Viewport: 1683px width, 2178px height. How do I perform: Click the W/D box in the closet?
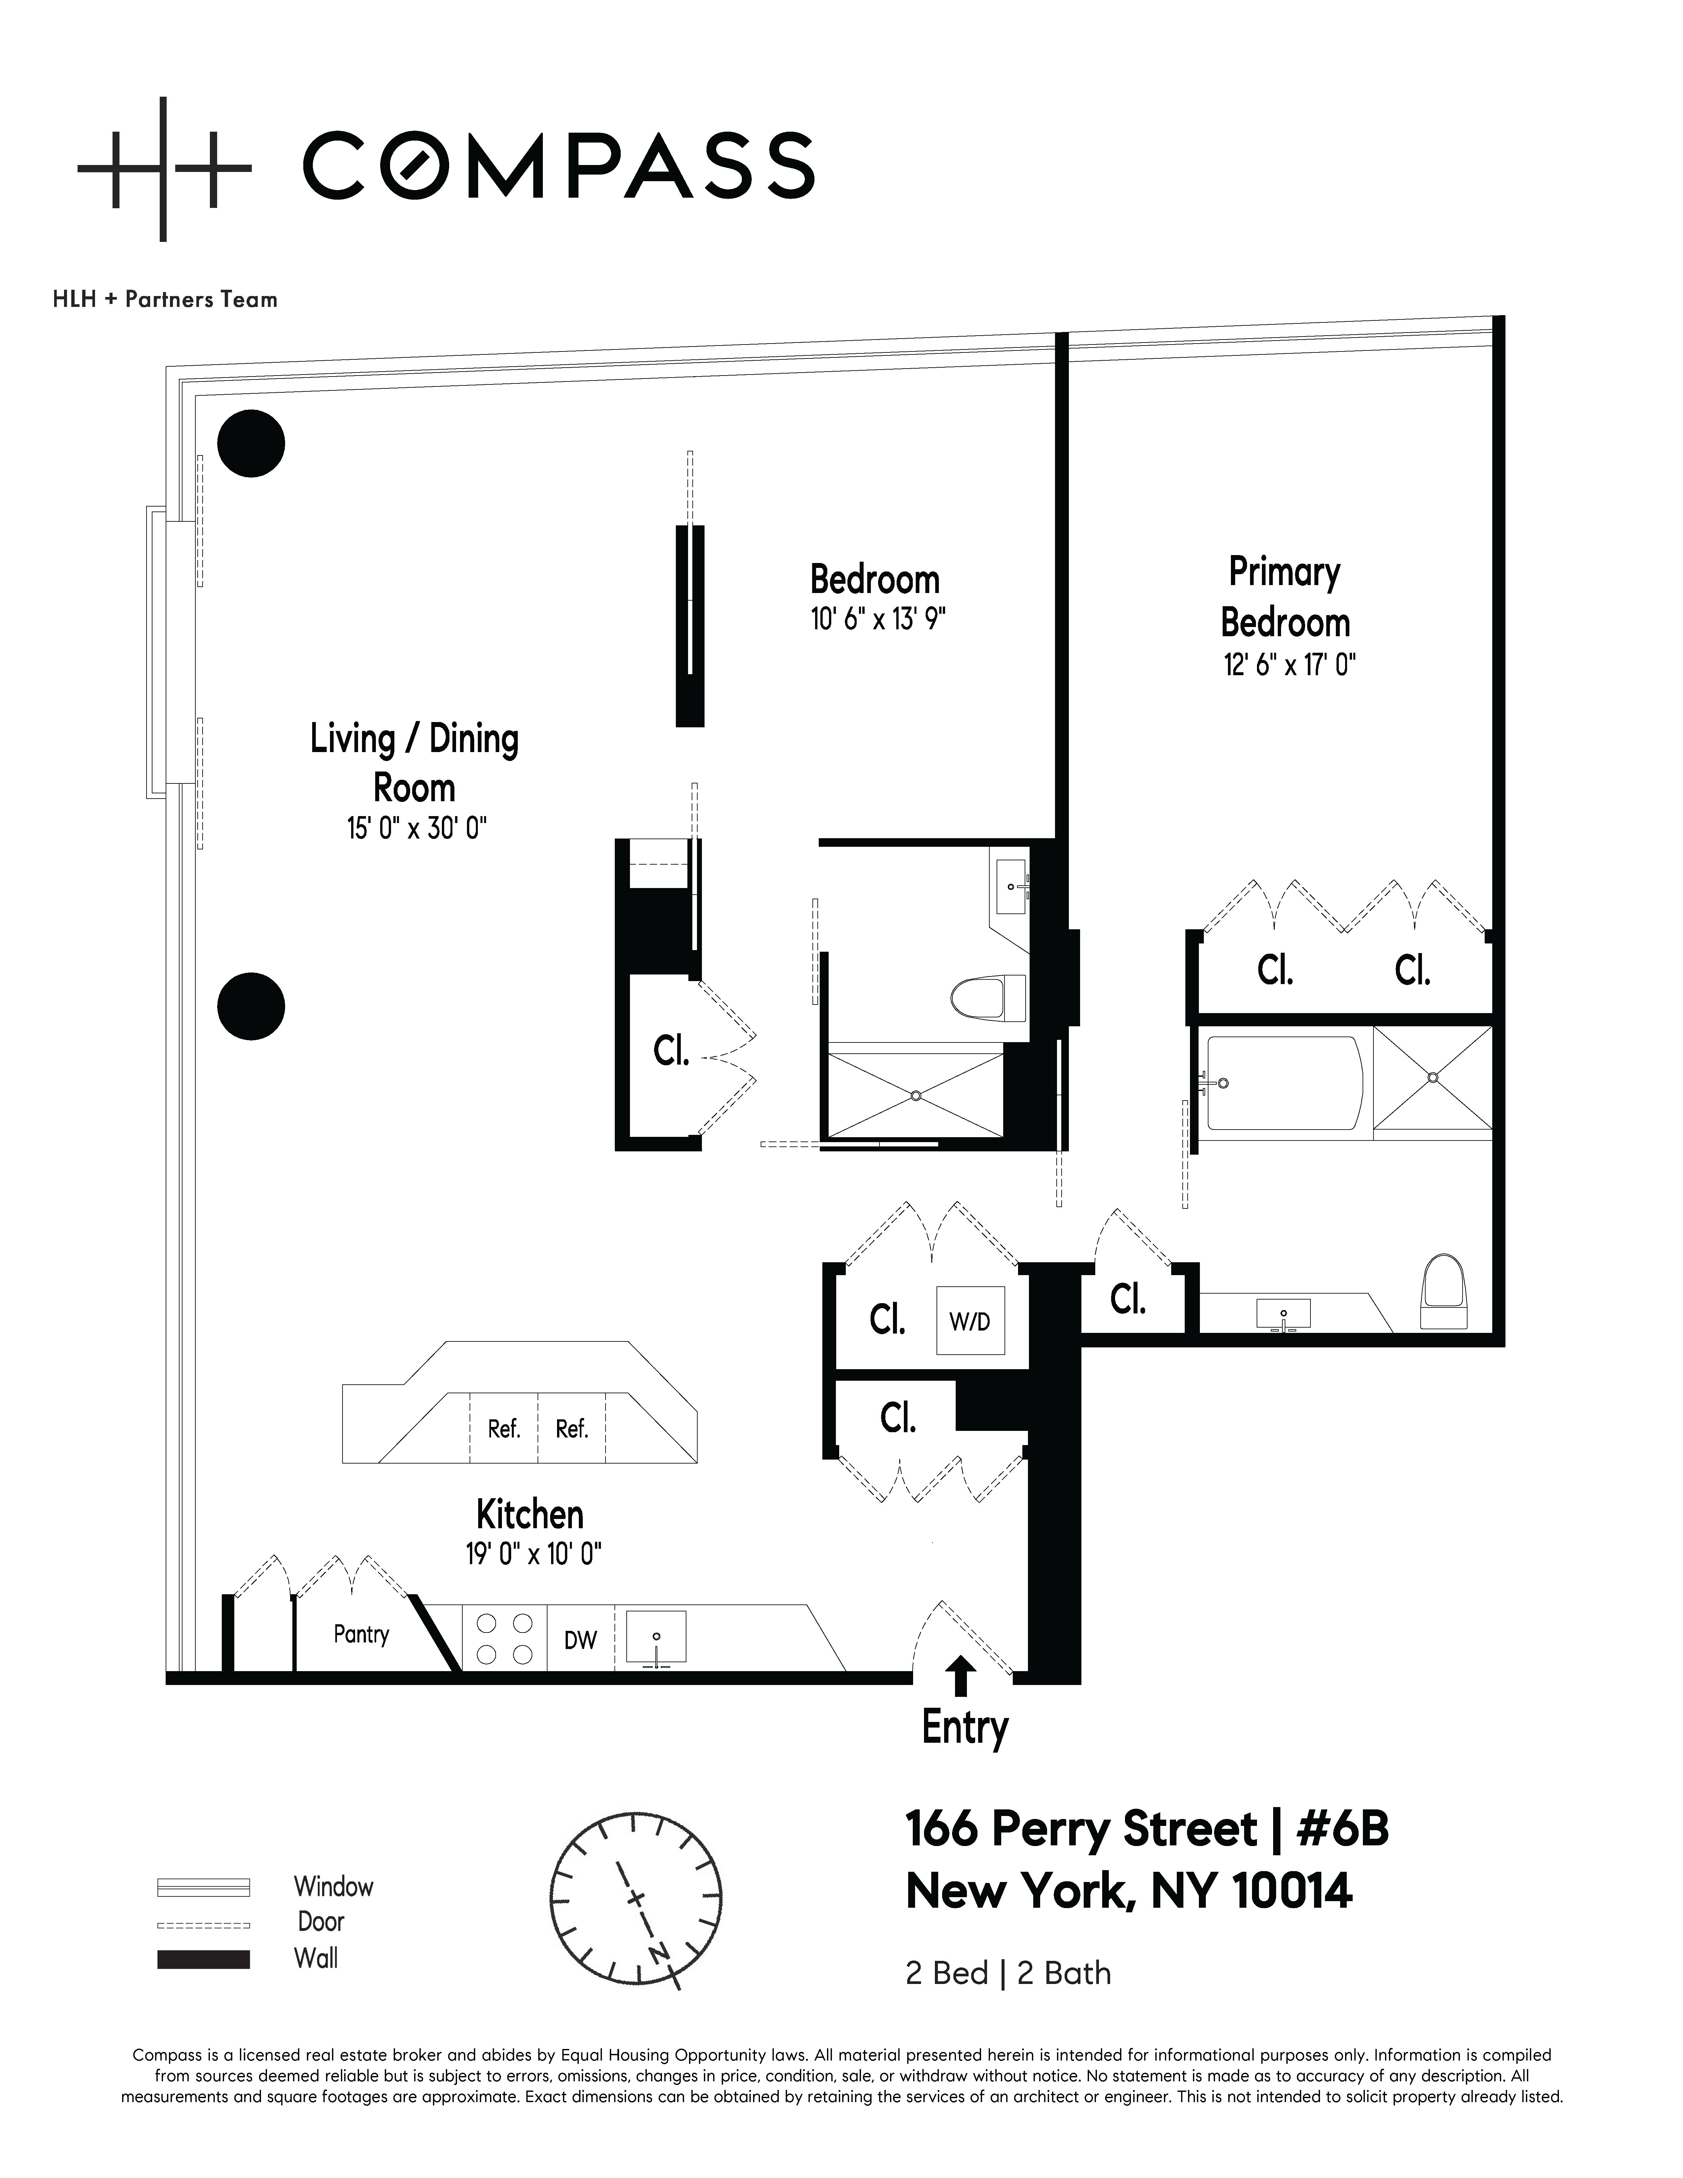coord(969,1321)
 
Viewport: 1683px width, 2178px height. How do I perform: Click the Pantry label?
coord(361,1634)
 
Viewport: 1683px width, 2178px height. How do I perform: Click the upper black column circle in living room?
coord(251,444)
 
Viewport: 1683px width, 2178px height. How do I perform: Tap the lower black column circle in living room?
coord(251,1006)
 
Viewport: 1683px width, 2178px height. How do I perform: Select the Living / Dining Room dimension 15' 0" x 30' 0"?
coord(416,828)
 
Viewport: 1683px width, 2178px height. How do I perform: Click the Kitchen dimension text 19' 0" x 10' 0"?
coord(533,1554)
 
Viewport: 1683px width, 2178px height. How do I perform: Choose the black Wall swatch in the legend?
coord(203,1960)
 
